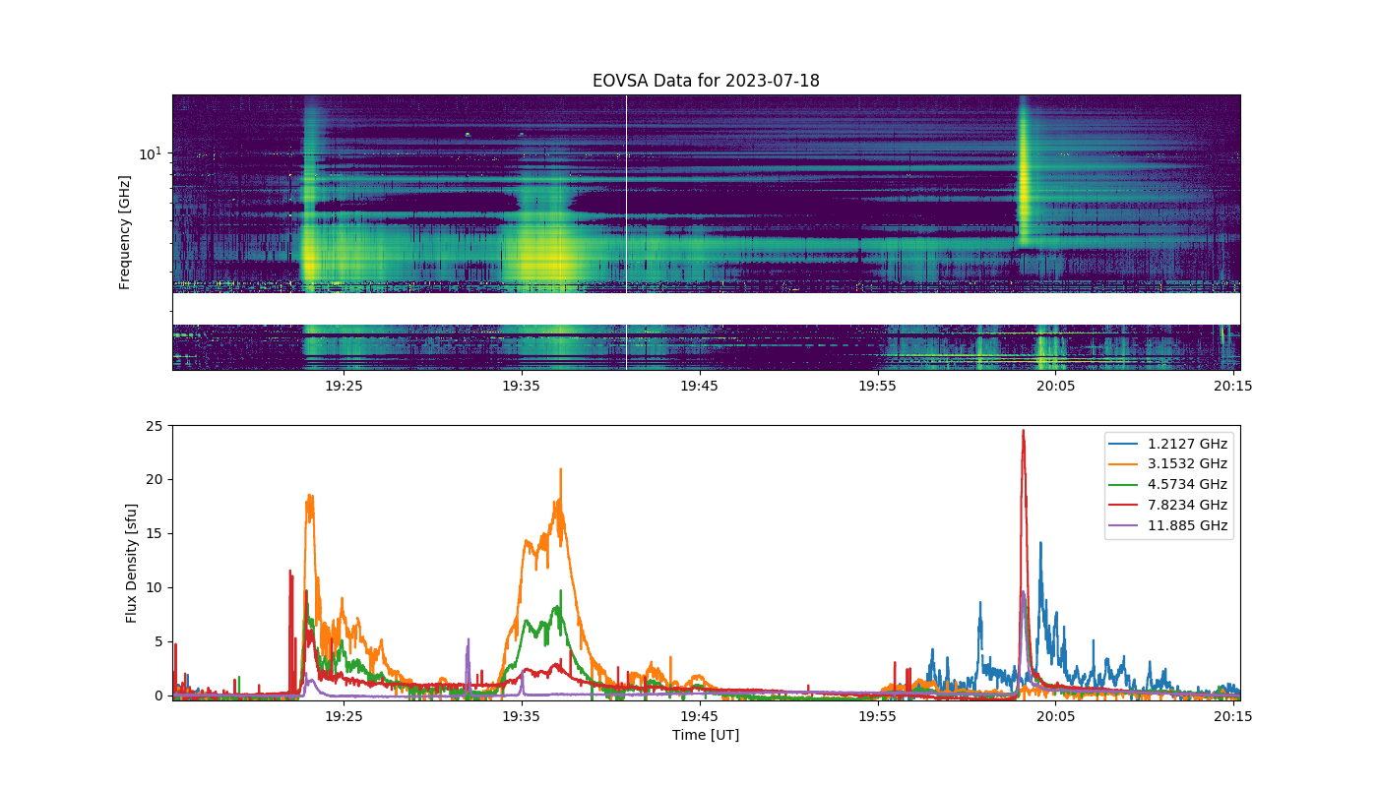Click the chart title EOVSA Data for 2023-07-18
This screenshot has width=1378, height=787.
coord(706,81)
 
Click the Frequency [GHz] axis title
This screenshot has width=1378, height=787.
coord(125,232)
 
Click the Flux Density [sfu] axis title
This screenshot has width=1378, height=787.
coord(131,563)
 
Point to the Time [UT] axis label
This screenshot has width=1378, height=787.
coord(706,735)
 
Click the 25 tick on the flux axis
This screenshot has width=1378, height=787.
coord(155,426)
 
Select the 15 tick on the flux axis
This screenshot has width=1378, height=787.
coord(155,533)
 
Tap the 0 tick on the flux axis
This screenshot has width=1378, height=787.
coord(159,696)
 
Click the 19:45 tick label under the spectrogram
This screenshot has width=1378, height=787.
coord(700,386)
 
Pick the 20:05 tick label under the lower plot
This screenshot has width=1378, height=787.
coord(1055,716)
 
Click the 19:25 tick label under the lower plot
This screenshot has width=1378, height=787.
coord(344,716)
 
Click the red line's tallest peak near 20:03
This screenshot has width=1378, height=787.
coord(1023,431)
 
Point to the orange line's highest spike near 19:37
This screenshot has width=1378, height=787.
coord(560,469)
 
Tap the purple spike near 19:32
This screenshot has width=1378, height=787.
coord(469,639)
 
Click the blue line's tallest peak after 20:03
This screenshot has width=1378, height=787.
coord(1041,542)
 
